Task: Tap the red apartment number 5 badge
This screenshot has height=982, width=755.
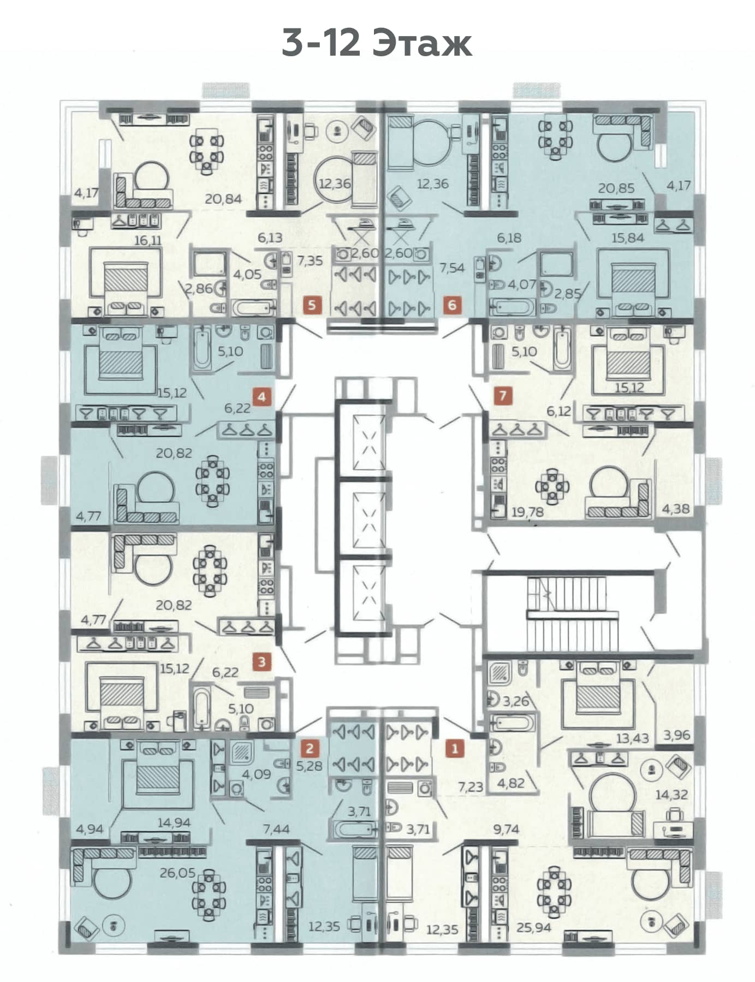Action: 312,304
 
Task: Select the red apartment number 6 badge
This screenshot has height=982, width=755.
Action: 452,304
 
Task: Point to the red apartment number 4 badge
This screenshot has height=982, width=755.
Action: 262,396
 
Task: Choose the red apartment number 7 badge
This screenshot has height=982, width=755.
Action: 503,395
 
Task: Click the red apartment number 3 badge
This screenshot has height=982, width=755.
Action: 262,662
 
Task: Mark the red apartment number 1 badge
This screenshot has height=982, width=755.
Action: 454,748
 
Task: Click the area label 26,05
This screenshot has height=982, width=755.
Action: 177,873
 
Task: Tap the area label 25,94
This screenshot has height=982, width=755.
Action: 533,927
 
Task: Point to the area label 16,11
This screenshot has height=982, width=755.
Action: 148,240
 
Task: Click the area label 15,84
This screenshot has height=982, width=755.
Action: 628,238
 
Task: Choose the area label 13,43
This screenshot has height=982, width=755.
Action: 632,739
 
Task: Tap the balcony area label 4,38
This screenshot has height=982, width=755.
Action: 676,508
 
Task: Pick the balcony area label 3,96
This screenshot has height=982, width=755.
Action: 677,735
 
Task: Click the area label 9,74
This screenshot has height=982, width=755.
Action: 506,829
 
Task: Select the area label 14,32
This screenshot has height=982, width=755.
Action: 671,795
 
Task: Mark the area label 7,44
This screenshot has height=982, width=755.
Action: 276,829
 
